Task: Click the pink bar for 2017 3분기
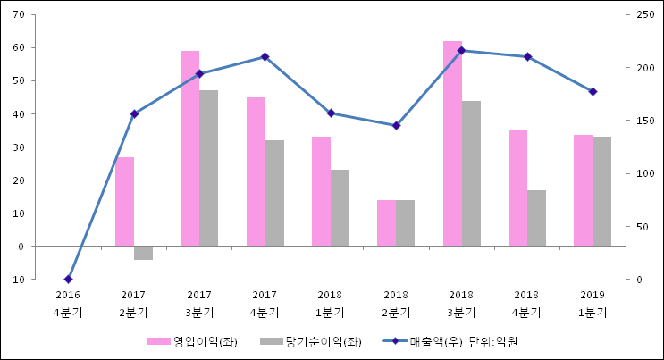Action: point(189,148)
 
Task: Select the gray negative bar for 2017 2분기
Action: point(143,253)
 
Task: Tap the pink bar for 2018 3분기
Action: point(452,143)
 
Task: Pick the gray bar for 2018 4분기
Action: point(536,218)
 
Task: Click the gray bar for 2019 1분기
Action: point(601,191)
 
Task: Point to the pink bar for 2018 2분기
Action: point(386,222)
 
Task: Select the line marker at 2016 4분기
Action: point(69,279)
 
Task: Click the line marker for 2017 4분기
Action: point(265,56)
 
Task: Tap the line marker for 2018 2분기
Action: point(396,125)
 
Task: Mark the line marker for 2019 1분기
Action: point(593,91)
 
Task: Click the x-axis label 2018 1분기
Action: point(330,303)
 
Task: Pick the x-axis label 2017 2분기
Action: point(133,303)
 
